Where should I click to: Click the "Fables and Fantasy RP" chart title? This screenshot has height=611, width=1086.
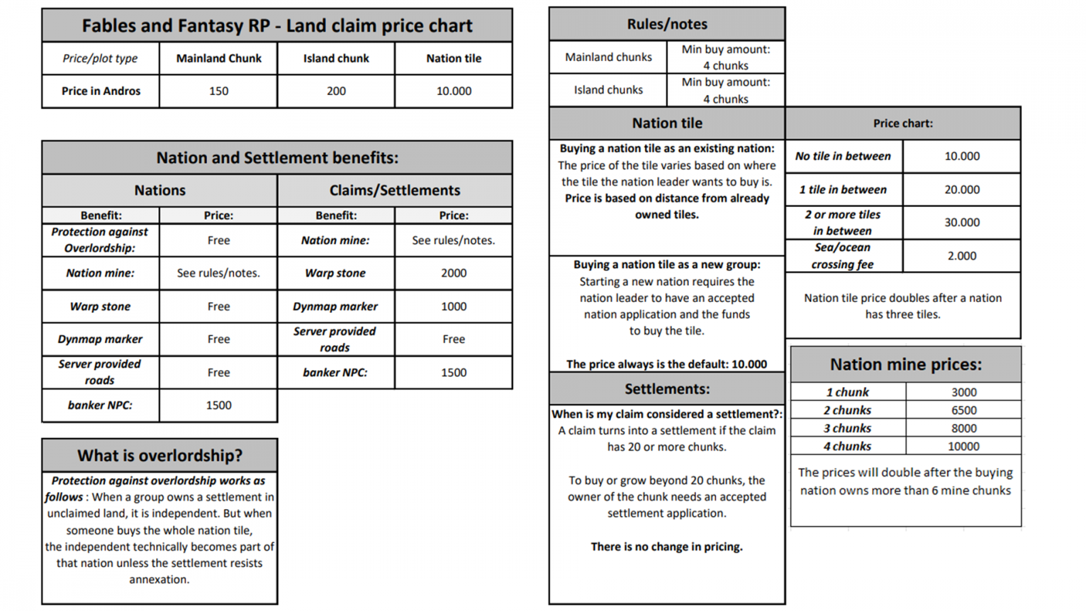click(x=277, y=26)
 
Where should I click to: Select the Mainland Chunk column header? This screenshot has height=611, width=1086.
click(x=219, y=58)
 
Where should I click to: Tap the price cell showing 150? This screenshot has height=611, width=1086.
click(x=219, y=91)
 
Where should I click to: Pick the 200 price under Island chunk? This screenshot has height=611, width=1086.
click(x=336, y=91)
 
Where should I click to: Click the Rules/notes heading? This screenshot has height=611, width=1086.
click(x=667, y=24)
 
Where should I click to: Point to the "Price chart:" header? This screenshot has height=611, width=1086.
click(x=903, y=124)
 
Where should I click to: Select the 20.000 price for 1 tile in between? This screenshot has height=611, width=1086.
click(x=962, y=189)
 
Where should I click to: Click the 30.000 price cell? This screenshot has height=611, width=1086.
click(x=962, y=223)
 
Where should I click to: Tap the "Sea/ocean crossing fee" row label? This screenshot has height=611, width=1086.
click(x=842, y=256)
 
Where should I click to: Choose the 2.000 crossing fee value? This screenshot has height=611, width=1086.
click(x=962, y=256)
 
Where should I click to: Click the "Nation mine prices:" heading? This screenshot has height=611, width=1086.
click(x=905, y=365)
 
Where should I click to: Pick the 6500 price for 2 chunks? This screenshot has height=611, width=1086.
click(x=963, y=410)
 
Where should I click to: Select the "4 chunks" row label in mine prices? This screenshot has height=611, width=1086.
click(x=847, y=446)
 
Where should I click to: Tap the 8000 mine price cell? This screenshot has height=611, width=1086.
click(x=963, y=428)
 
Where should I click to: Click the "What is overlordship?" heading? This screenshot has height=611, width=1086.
click(x=160, y=456)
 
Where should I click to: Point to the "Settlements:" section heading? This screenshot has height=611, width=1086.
click(x=667, y=389)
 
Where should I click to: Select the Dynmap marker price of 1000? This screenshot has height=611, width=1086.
click(x=453, y=306)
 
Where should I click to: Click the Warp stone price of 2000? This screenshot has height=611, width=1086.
click(x=453, y=273)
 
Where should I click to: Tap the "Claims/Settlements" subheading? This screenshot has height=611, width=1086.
click(x=394, y=191)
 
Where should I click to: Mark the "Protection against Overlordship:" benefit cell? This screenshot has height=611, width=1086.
click(x=100, y=240)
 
